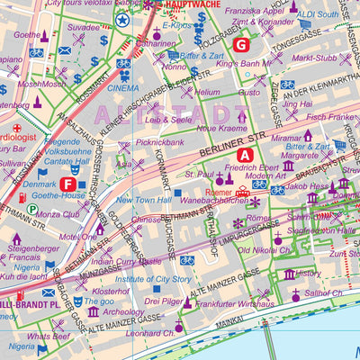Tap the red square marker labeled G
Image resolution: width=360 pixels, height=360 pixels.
point(240,43)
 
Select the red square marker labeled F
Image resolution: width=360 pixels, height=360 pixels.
point(68,184)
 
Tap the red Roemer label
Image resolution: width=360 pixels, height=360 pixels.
point(219,192)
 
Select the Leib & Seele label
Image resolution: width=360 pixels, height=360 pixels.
point(167,119)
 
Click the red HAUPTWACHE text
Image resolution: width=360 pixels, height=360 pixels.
point(191,4)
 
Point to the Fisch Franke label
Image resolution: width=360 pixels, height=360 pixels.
point(331,117)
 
